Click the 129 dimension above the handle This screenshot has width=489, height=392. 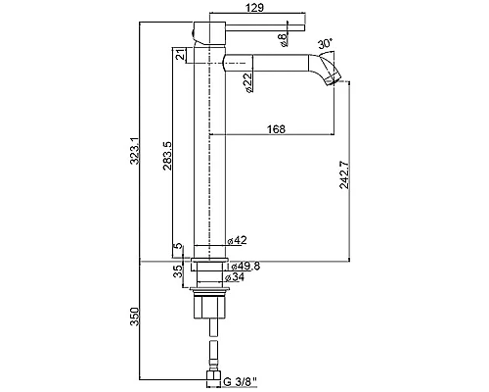tap(255, 7)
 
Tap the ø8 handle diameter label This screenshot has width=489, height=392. tap(283, 39)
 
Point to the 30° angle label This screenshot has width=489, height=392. tap(326, 43)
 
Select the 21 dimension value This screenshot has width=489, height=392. tap(180, 55)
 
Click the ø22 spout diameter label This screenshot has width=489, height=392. tap(247, 82)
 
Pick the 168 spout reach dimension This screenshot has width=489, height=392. tap(276, 129)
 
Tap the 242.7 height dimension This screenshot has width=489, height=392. tap(344, 175)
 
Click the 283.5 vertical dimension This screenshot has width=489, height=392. tap(167, 156)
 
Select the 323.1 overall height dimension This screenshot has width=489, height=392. tap(135, 151)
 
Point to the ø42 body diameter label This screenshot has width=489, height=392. tap(237, 240)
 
